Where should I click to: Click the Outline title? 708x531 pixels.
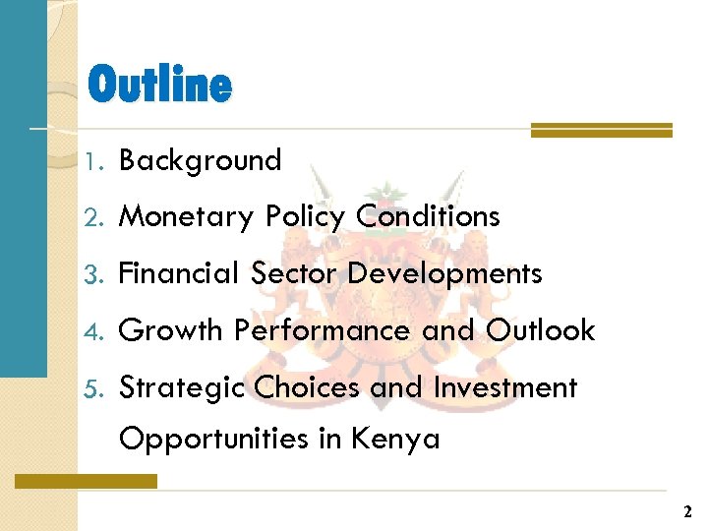click(159, 86)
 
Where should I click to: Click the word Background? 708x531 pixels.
click(200, 160)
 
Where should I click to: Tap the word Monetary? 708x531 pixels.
click(186, 216)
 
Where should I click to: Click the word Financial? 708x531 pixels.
click(180, 273)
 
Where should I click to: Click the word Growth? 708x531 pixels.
click(171, 330)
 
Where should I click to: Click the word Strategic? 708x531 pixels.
click(182, 387)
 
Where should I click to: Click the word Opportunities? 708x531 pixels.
click(213, 439)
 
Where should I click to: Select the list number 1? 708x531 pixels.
click(92, 161)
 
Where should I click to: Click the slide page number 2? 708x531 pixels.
click(687, 512)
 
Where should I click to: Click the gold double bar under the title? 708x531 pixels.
click(601, 130)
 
